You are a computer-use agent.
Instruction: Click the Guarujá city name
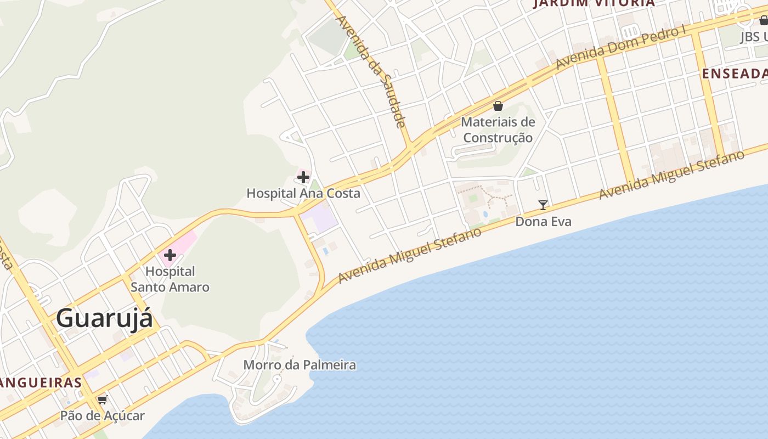tap(104, 318)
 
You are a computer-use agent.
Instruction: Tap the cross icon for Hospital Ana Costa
tap(303, 177)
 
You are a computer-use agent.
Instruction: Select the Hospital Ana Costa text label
tap(303, 193)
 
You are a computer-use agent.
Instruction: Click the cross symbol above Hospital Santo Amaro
tap(170, 255)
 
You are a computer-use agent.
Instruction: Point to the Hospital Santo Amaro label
tap(170, 279)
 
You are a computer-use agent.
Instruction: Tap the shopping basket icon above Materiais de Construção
tap(498, 106)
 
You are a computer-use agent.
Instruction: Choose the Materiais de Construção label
tap(498, 130)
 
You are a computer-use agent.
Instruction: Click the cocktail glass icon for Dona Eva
tap(543, 205)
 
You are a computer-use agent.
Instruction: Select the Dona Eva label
tap(543, 222)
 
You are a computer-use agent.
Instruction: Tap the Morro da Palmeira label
tap(300, 365)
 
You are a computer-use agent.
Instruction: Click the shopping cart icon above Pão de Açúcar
tap(102, 399)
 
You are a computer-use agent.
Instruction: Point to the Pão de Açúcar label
tap(102, 415)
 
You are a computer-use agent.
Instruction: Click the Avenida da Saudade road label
tap(372, 71)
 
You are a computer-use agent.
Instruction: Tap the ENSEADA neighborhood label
tap(735, 74)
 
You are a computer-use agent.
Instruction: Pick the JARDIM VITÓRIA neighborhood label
tap(595, 3)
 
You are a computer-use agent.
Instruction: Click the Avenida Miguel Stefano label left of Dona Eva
tap(410, 255)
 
